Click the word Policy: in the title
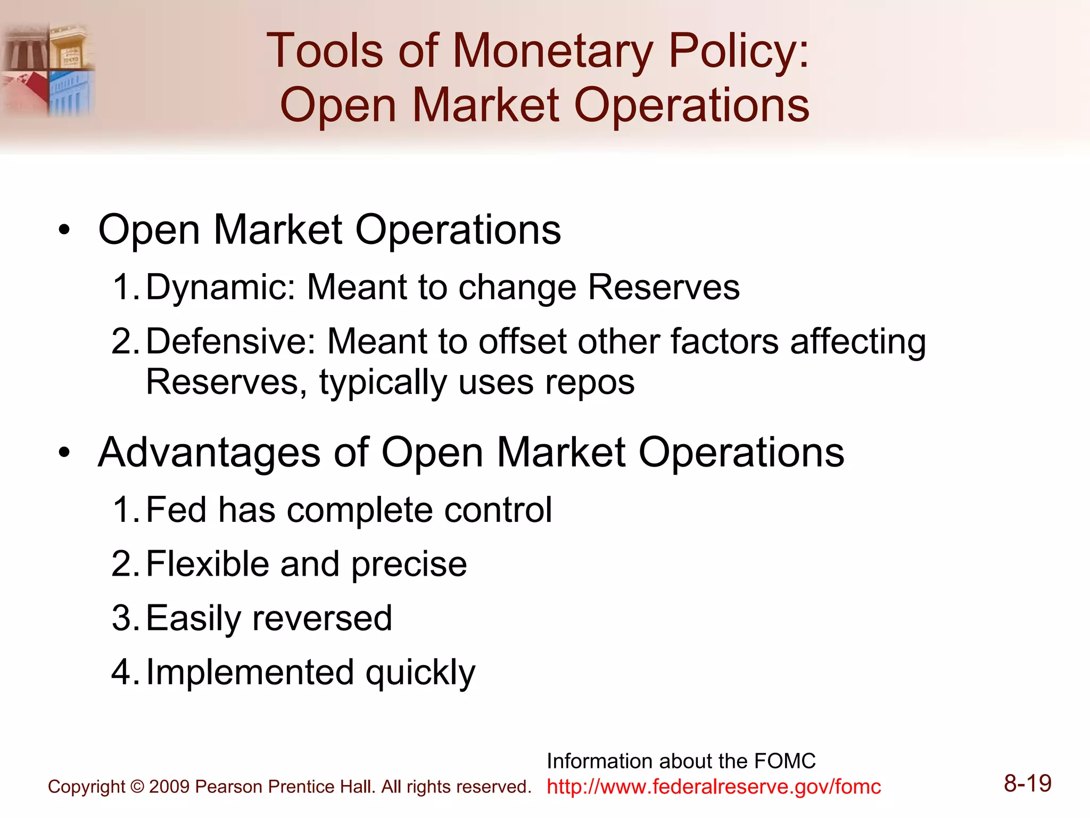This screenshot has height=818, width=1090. click(738, 52)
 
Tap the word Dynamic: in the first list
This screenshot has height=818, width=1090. click(220, 288)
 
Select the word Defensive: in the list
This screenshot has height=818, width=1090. click(230, 341)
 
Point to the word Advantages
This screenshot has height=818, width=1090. click(209, 453)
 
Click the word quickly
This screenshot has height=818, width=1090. click(420, 674)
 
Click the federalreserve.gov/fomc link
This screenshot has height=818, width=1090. click(714, 787)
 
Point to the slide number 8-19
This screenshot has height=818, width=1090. click(1027, 783)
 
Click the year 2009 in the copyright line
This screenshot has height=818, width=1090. click(169, 787)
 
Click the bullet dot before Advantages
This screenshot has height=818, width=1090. click(64, 453)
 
